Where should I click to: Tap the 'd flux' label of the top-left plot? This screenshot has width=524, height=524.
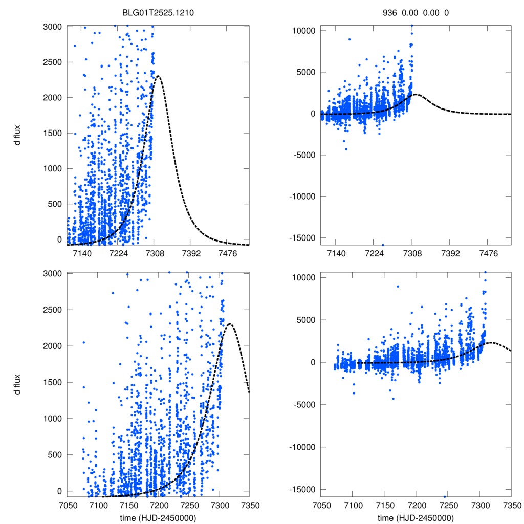[x=18, y=135]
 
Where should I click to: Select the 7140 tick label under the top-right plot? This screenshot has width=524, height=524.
[x=335, y=254]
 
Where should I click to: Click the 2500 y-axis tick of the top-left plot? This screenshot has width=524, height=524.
[x=53, y=62]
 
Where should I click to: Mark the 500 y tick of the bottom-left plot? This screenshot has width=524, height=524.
[x=55, y=455]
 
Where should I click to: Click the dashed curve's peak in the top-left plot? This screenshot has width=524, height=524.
[x=158, y=77]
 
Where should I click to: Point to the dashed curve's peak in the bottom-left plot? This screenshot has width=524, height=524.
[x=230, y=324]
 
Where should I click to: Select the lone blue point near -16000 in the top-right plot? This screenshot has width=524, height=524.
[x=383, y=245]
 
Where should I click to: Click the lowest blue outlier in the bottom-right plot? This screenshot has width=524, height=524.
[x=445, y=496]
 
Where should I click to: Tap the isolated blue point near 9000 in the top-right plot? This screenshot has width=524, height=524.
[x=350, y=39]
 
